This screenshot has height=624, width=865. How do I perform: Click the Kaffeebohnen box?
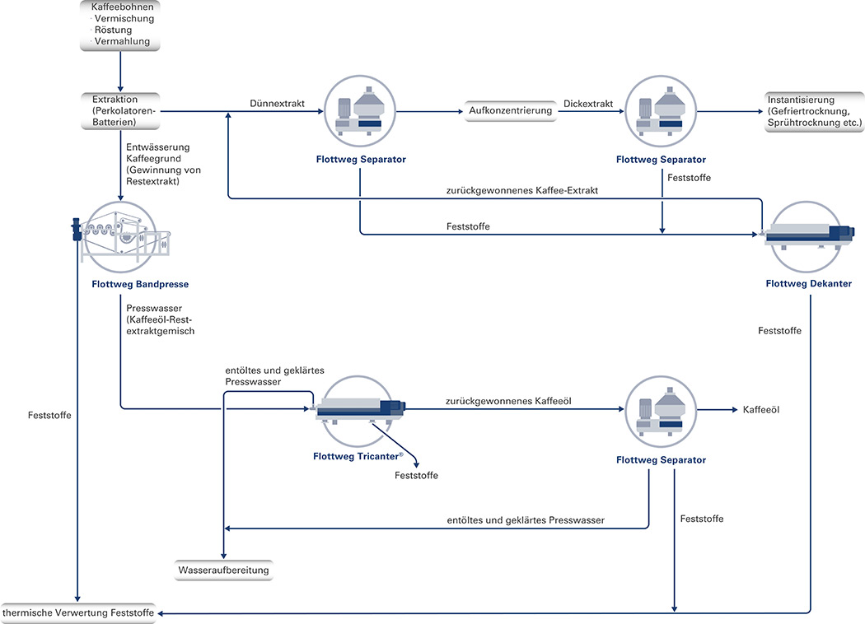click(120, 26)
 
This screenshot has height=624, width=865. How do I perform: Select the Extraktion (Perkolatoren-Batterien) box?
click(120, 111)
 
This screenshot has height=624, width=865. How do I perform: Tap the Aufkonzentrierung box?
click(510, 111)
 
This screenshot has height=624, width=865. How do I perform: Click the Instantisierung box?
click(814, 111)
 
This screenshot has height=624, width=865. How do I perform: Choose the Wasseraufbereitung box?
click(223, 570)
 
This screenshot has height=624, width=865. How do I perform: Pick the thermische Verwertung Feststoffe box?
click(78, 613)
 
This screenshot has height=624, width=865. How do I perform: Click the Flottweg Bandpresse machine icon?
click(120, 237)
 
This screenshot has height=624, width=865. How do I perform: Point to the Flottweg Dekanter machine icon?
click(807, 236)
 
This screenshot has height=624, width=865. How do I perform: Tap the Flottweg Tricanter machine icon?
click(358, 411)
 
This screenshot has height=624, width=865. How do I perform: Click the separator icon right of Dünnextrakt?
click(360, 111)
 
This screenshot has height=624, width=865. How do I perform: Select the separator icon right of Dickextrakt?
click(661, 111)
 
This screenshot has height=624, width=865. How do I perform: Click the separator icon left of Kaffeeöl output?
click(661, 412)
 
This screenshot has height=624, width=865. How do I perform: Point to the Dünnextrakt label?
click(277, 104)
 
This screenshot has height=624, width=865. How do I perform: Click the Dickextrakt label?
click(588, 104)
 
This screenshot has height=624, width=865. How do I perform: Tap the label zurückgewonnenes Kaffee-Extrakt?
click(521, 191)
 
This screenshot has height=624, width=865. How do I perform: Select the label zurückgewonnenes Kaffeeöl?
click(508, 401)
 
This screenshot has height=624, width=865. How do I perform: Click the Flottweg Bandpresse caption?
click(140, 285)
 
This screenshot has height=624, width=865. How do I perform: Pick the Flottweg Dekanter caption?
click(809, 284)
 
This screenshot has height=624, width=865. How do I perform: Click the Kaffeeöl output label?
click(760, 410)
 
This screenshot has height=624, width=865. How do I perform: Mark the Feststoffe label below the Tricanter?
click(416, 476)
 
